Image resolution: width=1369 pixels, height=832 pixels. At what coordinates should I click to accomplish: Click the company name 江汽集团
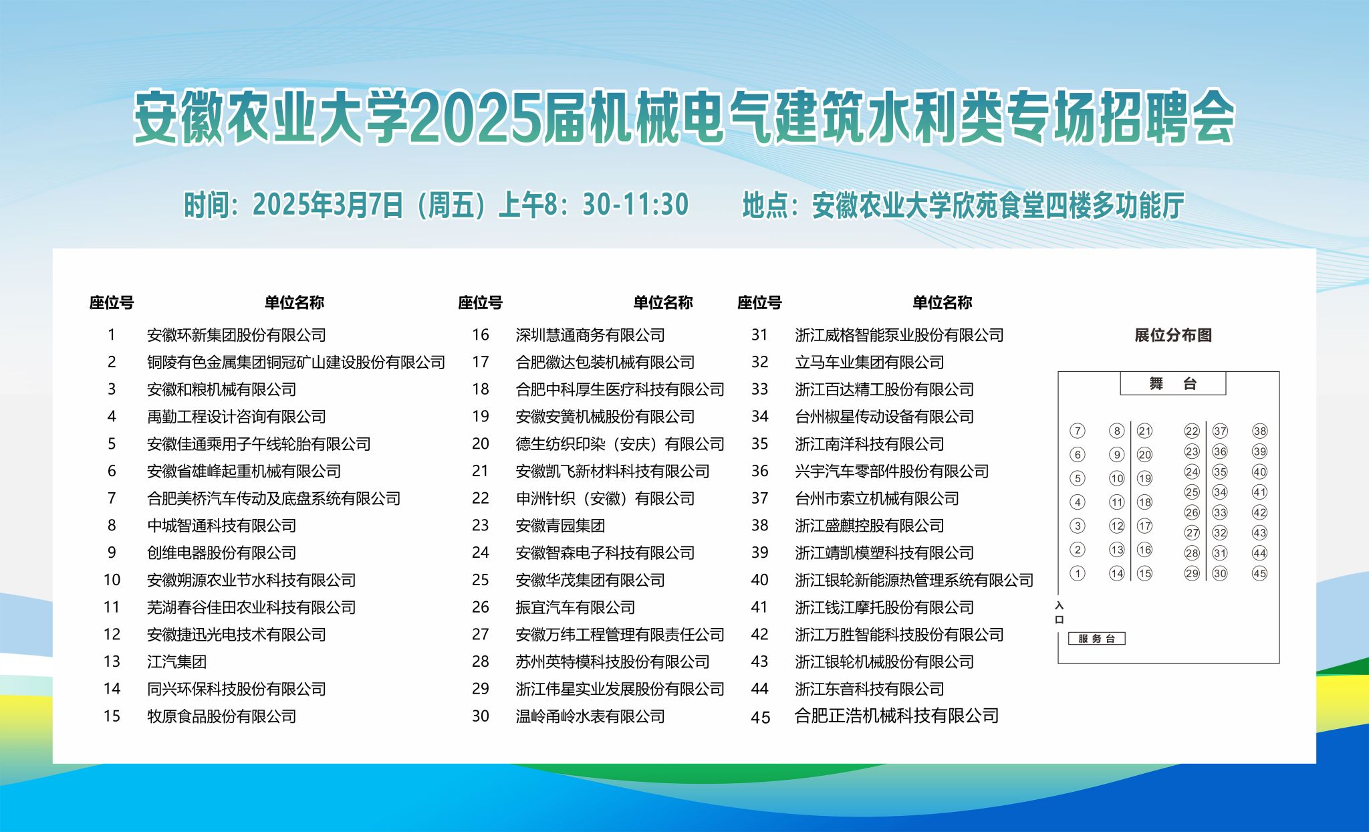click(176, 661)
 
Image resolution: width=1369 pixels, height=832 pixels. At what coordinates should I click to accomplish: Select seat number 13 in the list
click(112, 661)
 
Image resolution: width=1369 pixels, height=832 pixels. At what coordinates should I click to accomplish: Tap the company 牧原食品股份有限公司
click(221, 716)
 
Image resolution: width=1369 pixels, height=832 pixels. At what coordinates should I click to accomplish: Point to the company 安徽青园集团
click(560, 526)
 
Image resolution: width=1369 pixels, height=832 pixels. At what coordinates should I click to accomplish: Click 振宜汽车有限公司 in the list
click(575, 607)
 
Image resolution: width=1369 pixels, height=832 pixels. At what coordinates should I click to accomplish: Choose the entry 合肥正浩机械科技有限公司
click(896, 716)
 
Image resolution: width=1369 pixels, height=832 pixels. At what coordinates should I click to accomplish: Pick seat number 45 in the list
click(761, 718)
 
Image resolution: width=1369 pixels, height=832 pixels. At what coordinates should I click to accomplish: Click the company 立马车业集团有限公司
click(869, 362)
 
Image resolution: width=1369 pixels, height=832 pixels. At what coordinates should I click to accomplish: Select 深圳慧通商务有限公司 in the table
click(590, 335)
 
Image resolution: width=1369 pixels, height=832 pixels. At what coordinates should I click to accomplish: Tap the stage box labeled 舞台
click(1172, 384)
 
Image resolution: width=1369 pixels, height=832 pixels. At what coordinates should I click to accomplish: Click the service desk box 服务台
click(1096, 639)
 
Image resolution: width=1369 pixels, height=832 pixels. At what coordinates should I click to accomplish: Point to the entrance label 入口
click(1059, 612)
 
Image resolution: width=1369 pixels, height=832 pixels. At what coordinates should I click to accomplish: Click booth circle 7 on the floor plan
click(1078, 431)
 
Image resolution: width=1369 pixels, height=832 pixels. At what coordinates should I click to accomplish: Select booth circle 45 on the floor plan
click(1259, 573)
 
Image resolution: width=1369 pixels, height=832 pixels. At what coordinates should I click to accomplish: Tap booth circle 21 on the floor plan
click(1144, 431)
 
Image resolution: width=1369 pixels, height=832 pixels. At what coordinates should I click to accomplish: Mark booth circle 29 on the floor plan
click(1192, 573)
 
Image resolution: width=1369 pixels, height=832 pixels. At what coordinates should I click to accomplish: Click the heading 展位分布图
click(1173, 335)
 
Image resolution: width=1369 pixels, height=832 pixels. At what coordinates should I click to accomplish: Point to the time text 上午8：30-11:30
click(594, 205)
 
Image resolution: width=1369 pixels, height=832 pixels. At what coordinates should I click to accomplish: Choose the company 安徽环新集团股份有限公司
click(237, 335)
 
